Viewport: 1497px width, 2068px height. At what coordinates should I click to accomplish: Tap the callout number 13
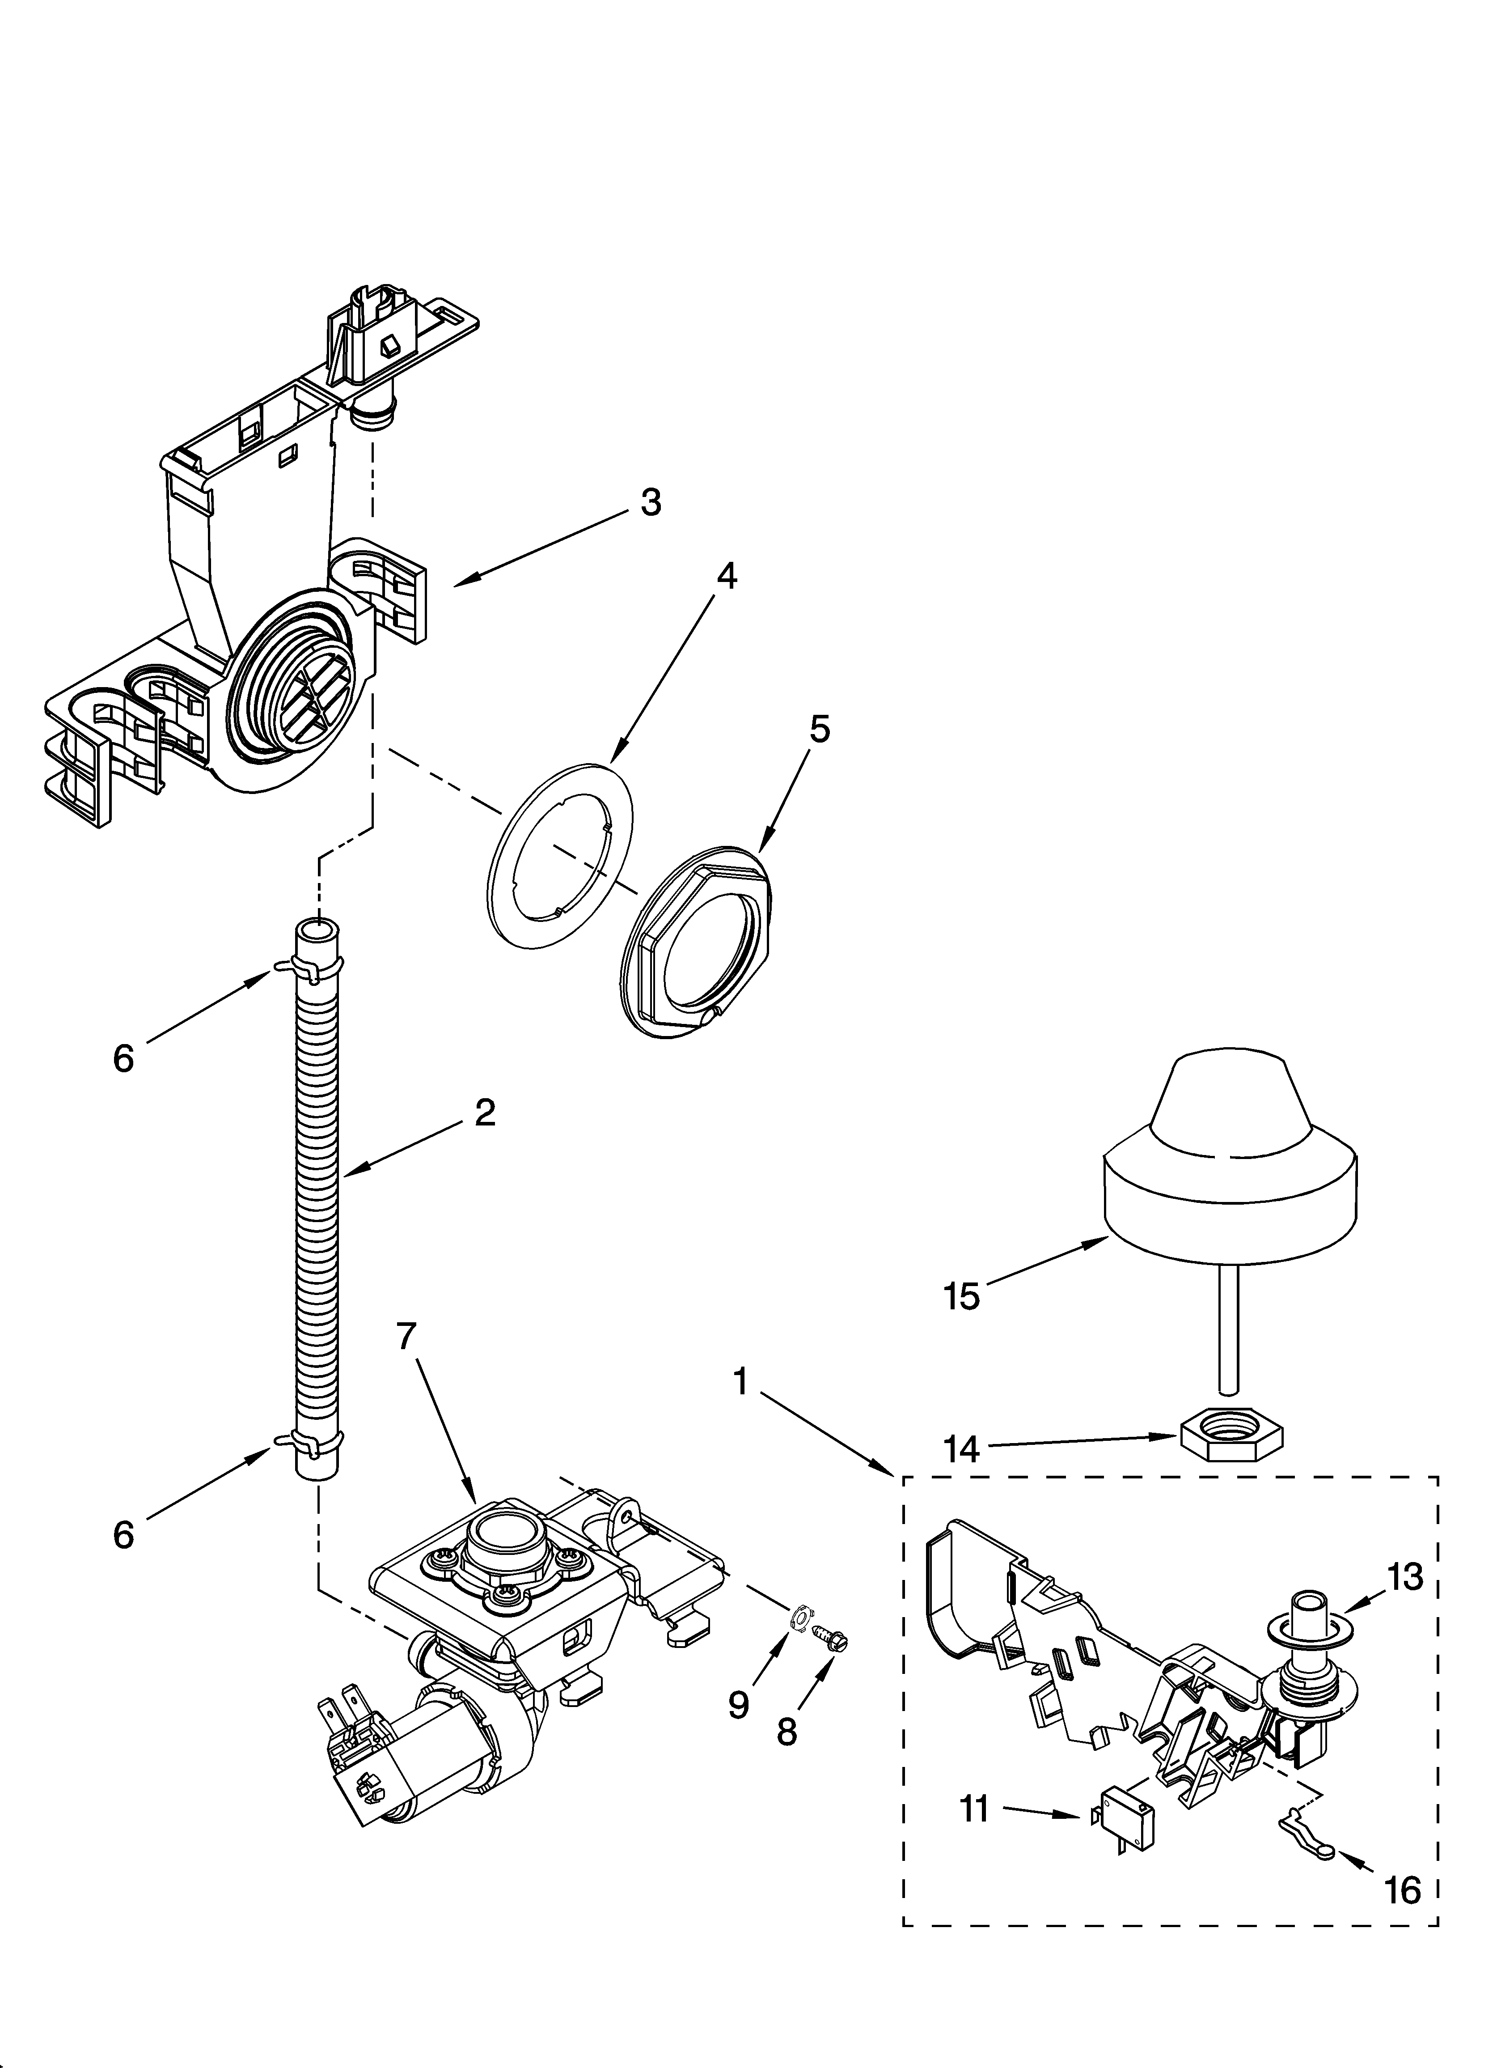pos(1405,1575)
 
